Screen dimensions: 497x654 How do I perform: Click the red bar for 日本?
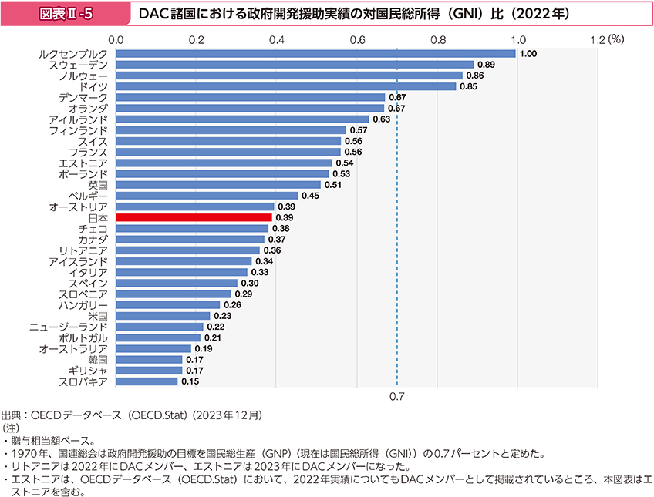click(x=194, y=218)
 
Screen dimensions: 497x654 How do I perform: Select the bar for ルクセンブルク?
click(x=316, y=54)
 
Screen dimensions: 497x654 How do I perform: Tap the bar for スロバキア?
click(x=147, y=381)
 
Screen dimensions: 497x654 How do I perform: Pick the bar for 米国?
click(x=163, y=316)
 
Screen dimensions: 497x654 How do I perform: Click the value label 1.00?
click(x=528, y=54)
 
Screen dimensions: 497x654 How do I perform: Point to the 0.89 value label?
click(x=487, y=65)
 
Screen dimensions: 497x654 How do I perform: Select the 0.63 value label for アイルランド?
click(x=382, y=119)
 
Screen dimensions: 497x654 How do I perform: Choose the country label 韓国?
click(x=98, y=360)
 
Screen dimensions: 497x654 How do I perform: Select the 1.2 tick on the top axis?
click(x=598, y=38)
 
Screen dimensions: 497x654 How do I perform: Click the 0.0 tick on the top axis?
click(x=117, y=38)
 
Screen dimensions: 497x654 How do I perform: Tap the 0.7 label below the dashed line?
click(x=397, y=397)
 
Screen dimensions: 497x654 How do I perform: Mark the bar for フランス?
click(x=228, y=153)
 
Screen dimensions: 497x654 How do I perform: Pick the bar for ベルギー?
click(x=207, y=196)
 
